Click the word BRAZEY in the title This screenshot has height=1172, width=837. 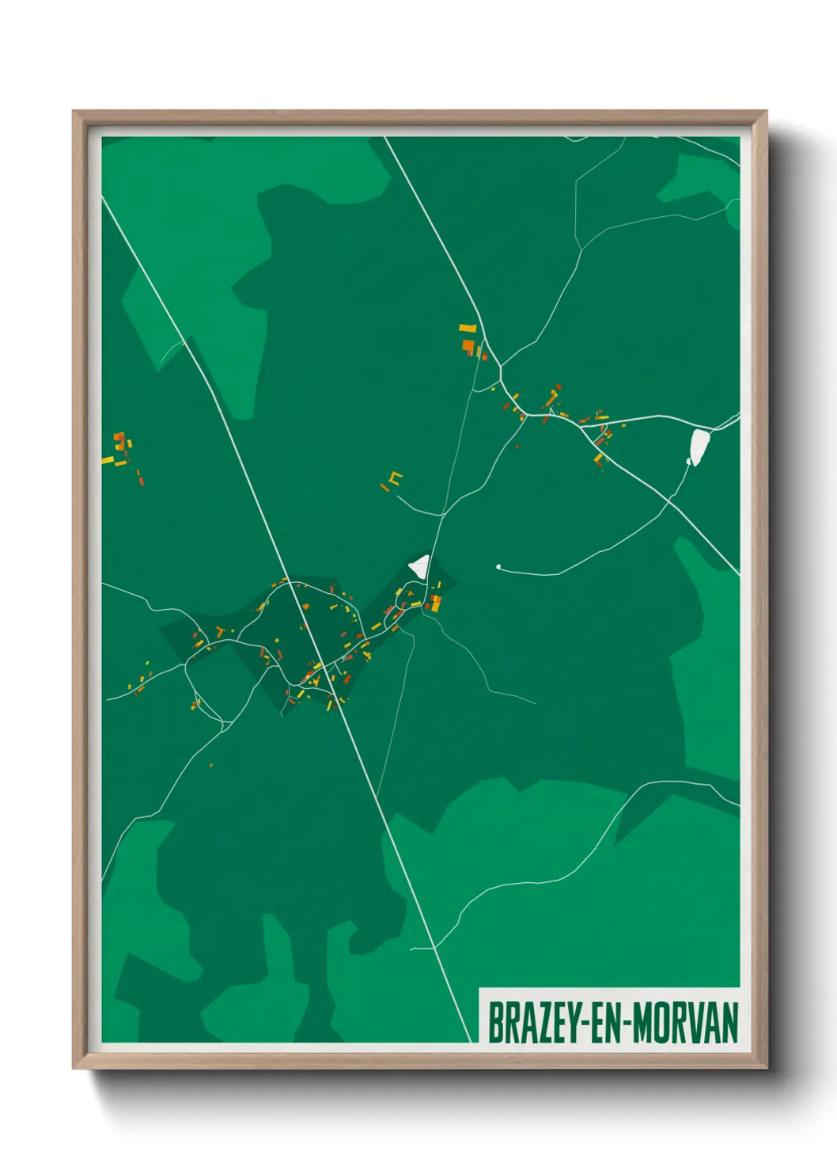pyautogui.click(x=533, y=1022)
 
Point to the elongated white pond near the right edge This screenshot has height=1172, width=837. pyautogui.click(x=699, y=447)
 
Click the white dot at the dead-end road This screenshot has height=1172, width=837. pyautogui.click(x=498, y=567)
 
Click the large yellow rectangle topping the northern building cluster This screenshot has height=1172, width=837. pyautogui.click(x=468, y=327)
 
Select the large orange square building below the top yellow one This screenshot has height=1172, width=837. pyautogui.click(x=468, y=345)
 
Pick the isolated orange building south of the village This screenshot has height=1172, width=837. pyautogui.click(x=211, y=765)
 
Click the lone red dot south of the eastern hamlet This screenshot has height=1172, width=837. pyautogui.click(x=517, y=447)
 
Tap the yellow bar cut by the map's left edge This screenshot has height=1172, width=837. pyautogui.click(x=108, y=460)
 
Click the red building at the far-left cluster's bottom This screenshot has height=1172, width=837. pyautogui.click(x=142, y=480)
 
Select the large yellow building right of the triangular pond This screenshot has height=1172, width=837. pyautogui.click(x=435, y=604)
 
